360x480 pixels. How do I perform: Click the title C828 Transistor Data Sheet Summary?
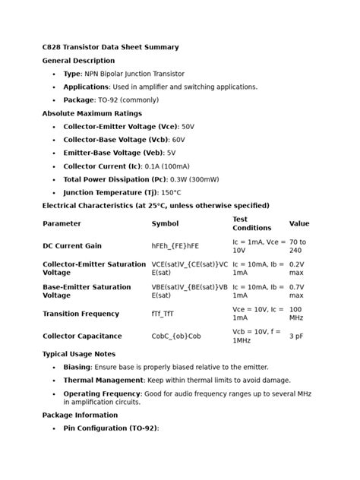(110, 47)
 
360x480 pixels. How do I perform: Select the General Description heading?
(78, 61)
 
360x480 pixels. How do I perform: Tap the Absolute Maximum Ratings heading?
(92, 113)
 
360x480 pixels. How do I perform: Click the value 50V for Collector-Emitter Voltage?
(188, 127)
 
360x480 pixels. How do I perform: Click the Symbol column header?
(165, 224)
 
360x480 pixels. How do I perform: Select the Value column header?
(299, 224)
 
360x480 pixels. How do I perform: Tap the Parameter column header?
(62, 224)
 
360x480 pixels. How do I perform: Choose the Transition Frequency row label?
(81, 314)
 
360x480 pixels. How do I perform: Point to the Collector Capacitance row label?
(82, 336)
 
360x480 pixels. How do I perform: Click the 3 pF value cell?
(298, 336)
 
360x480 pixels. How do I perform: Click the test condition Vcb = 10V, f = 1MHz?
(256, 336)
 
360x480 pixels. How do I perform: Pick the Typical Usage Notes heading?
(79, 354)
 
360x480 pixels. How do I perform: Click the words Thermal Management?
(103, 380)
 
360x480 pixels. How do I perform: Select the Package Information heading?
(80, 415)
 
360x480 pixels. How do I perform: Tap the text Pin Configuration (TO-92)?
(111, 428)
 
